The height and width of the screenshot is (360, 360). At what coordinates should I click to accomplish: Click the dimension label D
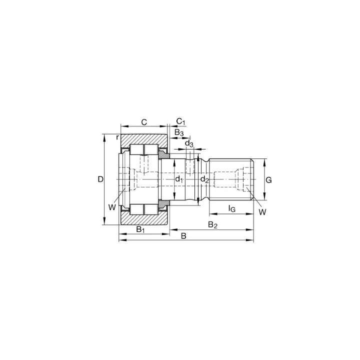click(100, 179)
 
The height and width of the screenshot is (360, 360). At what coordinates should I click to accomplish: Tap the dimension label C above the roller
click(144, 122)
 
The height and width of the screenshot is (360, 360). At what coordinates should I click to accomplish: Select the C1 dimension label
click(180, 121)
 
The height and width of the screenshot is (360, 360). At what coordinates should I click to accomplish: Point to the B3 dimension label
click(179, 132)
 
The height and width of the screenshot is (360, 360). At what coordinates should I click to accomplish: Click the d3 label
click(189, 143)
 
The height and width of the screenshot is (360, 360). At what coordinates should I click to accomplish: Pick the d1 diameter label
click(179, 179)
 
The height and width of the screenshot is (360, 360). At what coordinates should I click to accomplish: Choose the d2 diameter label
click(204, 179)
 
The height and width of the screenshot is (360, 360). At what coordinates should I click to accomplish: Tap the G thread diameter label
click(268, 180)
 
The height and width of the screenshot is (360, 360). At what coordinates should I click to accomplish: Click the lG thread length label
click(232, 208)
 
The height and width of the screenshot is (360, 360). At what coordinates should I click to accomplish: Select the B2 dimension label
click(212, 225)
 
